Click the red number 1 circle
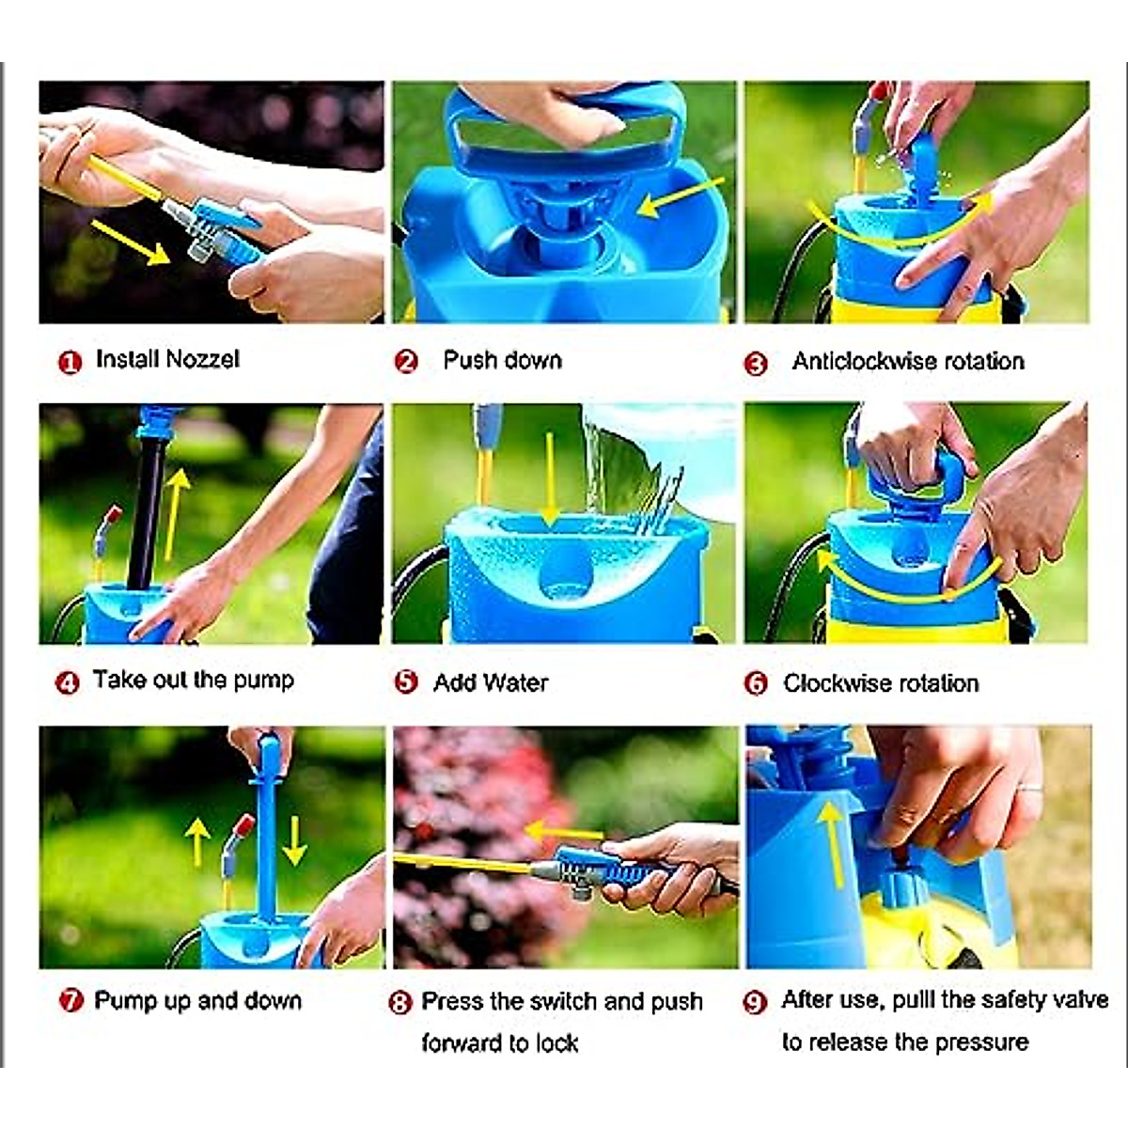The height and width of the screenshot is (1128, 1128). click(70, 362)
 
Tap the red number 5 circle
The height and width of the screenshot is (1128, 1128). click(406, 682)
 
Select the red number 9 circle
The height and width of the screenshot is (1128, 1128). click(755, 1003)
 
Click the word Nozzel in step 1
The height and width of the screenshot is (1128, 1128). click(202, 359)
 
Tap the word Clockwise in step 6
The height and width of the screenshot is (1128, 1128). click(838, 683)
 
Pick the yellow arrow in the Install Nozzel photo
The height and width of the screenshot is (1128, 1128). click(130, 243)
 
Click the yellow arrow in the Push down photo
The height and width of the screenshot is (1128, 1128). click(681, 197)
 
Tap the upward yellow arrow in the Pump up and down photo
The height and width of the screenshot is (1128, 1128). click(197, 841)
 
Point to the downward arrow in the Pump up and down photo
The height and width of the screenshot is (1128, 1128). click(295, 841)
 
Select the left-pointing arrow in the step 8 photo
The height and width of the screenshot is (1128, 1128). click(563, 831)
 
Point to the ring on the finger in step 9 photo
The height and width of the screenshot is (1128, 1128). click(1029, 789)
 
